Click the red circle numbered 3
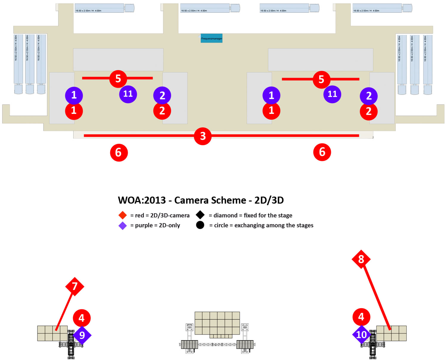click(x=203, y=136)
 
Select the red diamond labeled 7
click(x=74, y=286)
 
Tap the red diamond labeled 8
click(x=361, y=259)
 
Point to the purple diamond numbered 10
click(x=361, y=335)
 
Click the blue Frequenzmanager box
click(x=212, y=38)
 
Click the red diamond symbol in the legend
click(x=122, y=215)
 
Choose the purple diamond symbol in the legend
click(x=122, y=225)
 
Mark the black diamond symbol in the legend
click(x=200, y=215)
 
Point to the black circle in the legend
click(x=200, y=225)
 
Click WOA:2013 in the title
click(x=142, y=200)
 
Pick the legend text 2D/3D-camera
click(x=170, y=215)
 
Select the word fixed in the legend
click(x=250, y=215)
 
